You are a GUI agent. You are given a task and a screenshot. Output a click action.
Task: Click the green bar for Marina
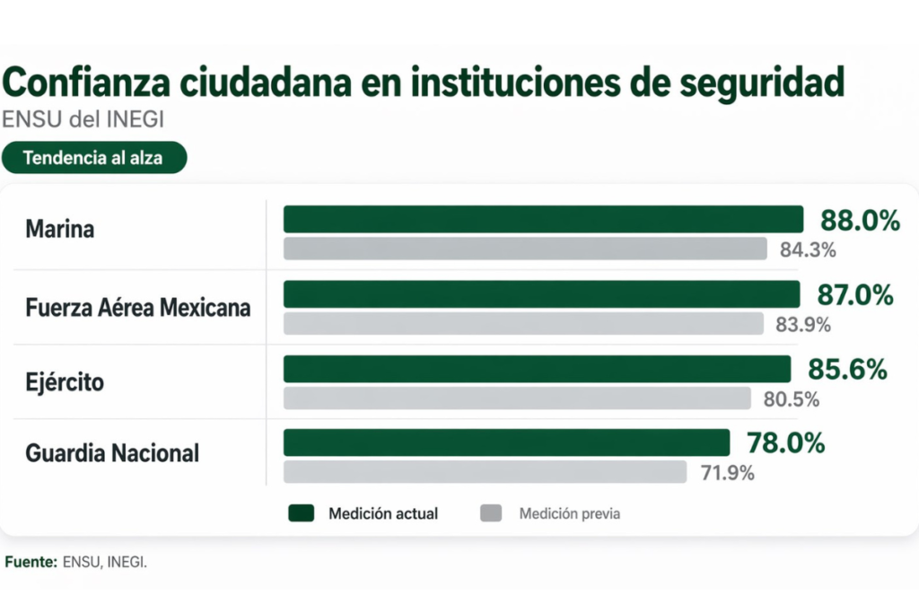(543, 219)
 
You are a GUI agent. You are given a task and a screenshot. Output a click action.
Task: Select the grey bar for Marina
(525, 249)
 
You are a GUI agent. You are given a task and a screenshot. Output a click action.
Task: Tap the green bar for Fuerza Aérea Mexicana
(541, 294)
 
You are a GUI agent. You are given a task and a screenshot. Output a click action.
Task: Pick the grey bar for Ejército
(517, 398)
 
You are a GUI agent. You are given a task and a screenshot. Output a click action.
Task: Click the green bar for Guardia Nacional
(506, 442)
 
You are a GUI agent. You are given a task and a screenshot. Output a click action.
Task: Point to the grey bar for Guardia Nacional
(485, 472)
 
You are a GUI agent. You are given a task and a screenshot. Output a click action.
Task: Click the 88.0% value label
(860, 221)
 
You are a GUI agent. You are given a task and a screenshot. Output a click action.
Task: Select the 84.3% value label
(808, 250)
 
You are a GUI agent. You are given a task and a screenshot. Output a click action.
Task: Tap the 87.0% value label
(855, 295)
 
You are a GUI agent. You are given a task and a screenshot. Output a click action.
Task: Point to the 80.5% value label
(792, 399)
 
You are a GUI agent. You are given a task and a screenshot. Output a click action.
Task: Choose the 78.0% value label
(785, 443)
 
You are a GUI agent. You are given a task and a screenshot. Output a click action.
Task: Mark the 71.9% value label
(727, 473)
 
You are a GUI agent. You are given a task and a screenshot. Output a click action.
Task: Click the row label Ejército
(65, 382)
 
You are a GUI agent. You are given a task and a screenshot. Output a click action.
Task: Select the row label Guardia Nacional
(112, 453)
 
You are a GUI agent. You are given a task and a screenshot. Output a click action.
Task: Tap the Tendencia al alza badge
(94, 158)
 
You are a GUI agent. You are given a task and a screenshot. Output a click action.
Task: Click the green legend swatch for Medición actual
(302, 513)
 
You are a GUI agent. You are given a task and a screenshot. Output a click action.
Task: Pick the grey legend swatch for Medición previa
(491, 513)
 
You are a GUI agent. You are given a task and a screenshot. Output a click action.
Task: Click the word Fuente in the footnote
(30, 563)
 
